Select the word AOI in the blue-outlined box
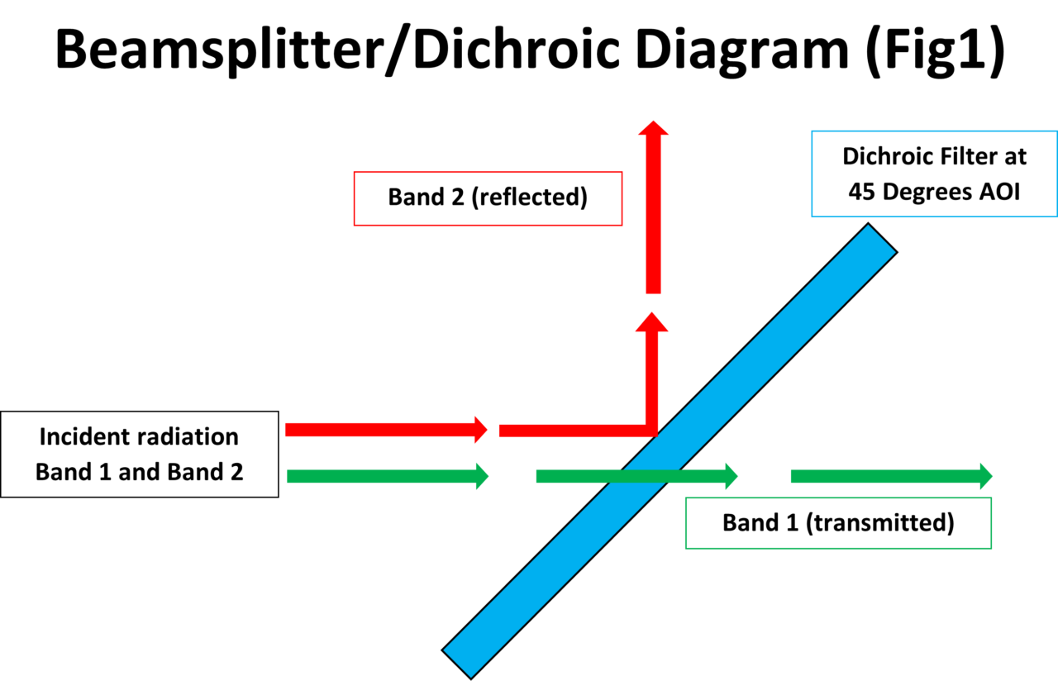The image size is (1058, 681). [x=998, y=191]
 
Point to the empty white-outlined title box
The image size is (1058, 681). [x=536, y=45]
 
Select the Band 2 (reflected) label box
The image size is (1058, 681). [x=488, y=198]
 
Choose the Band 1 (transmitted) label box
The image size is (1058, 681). [x=838, y=523]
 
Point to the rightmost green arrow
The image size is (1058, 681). [x=889, y=476]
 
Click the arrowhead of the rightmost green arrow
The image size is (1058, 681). [x=985, y=476]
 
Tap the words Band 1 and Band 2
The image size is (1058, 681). [x=139, y=472]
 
